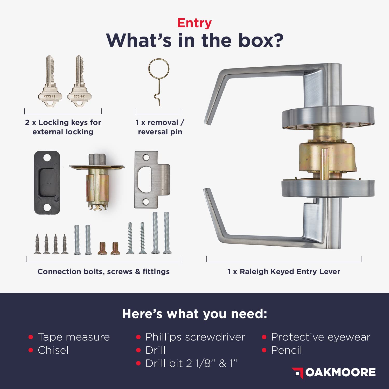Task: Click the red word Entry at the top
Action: point(195,24)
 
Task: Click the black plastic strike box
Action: point(47,183)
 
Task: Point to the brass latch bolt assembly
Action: point(96,182)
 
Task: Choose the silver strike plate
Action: point(152,179)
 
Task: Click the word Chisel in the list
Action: point(53,350)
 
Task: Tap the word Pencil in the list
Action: point(286,350)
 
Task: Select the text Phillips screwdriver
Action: point(195,337)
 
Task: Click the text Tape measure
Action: point(74,337)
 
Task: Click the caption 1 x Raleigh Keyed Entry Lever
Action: point(284,272)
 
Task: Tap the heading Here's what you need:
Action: point(195,314)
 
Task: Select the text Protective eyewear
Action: point(321,337)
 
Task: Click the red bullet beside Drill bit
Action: point(138,364)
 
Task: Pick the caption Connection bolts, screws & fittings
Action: point(103,272)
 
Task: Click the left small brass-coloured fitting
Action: point(102,248)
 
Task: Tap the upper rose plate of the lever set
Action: point(328,118)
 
